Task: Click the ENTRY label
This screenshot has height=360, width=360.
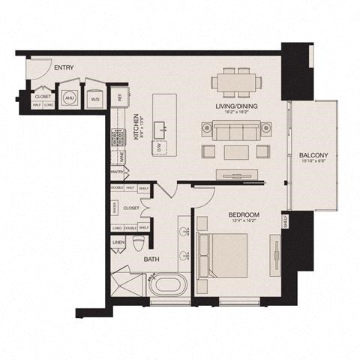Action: (64, 68)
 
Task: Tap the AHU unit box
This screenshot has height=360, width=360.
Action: (69, 97)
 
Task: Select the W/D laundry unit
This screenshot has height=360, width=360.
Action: (95, 97)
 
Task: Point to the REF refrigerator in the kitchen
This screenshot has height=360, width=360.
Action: (118, 97)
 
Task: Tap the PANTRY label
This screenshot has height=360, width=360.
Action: (116, 172)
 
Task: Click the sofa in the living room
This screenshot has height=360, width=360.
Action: (232, 132)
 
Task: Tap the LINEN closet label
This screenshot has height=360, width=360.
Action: (118, 243)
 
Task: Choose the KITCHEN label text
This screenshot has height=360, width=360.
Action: (136, 127)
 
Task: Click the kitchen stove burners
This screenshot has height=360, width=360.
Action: (118, 139)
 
